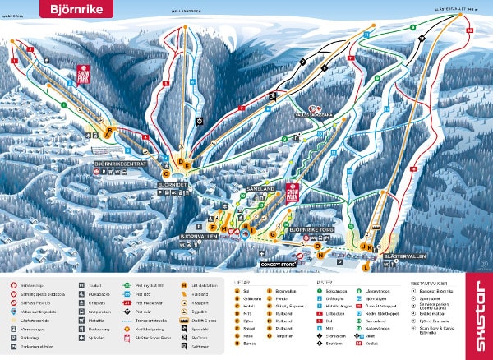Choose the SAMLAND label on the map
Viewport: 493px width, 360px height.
[x=260, y=188]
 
